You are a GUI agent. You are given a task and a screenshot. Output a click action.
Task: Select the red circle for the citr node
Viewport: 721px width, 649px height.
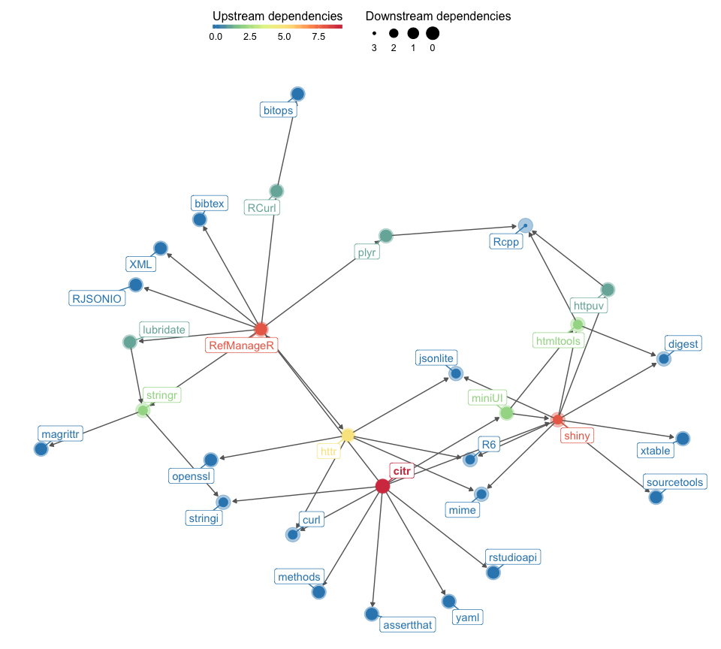pos(382,487)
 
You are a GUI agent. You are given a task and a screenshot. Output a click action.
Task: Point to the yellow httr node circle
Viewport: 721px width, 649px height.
pos(348,435)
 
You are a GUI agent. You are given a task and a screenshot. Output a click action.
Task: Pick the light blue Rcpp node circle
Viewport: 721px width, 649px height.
pos(525,225)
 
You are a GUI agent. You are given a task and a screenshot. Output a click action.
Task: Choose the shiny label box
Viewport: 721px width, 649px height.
pos(577,436)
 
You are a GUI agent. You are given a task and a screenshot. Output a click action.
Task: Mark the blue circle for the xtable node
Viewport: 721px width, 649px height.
pos(682,438)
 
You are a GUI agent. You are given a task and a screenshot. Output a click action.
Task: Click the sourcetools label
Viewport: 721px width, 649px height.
pos(674,481)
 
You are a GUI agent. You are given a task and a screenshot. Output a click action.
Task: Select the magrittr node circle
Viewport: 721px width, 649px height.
pos(41,448)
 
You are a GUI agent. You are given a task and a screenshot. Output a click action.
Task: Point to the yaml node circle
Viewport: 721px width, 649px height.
pos(448,602)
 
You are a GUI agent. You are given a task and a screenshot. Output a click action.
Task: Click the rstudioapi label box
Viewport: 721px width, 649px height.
pos(513,557)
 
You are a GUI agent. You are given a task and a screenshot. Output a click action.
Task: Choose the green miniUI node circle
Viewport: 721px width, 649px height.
pos(506,412)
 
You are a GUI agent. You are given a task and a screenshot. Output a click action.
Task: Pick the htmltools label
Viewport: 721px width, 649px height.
pos(557,340)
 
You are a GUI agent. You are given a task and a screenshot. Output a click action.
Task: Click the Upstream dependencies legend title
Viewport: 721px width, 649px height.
pos(277,16)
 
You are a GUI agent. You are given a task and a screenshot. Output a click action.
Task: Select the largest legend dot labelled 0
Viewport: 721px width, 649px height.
pos(432,34)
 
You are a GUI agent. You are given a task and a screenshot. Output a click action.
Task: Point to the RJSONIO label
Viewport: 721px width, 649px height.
pos(96,298)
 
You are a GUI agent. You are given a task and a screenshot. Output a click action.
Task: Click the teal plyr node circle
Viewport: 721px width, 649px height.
pos(386,236)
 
